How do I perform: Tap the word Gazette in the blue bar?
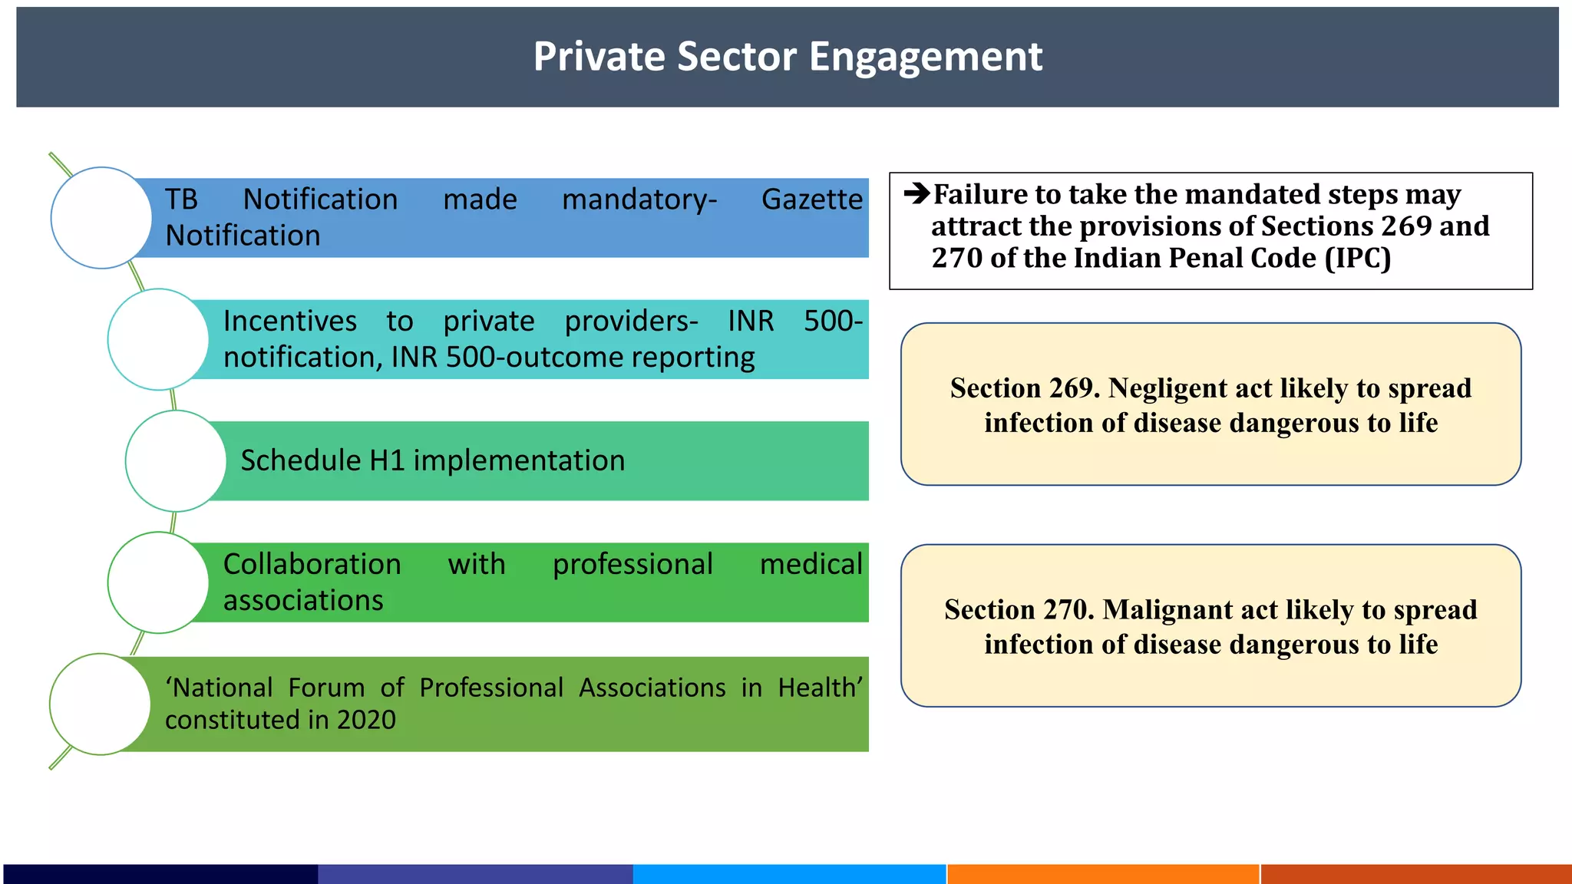pos(811,200)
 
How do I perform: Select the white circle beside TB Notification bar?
pos(101,218)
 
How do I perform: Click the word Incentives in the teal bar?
pos(289,321)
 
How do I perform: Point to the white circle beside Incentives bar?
pos(158,339)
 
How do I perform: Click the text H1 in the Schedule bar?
pos(386,460)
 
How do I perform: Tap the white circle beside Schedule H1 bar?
pos(176,460)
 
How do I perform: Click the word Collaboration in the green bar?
pos(312,564)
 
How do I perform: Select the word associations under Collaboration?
pos(303,600)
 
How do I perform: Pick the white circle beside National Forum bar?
pos(100,704)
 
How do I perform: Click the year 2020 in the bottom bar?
pos(366,720)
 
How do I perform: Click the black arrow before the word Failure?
pos(916,193)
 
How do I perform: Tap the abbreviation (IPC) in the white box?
pos(1358,258)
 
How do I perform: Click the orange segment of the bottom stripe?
pos(1103,874)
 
